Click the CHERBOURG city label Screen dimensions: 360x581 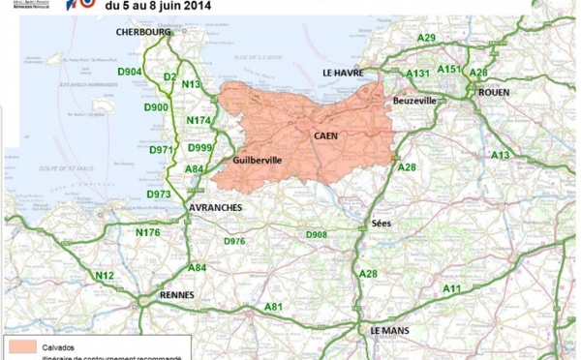click(x=142, y=32)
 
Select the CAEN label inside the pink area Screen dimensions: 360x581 click(x=325, y=136)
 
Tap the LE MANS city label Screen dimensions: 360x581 click(x=391, y=330)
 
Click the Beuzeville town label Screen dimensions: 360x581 click(x=416, y=101)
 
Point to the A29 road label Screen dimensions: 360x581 click(x=426, y=38)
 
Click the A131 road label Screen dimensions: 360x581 click(x=418, y=74)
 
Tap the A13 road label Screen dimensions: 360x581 click(x=500, y=155)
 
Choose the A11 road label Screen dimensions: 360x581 click(x=451, y=288)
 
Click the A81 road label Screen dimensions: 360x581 click(x=274, y=307)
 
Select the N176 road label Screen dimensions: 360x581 click(x=148, y=232)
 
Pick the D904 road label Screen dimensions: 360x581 click(x=131, y=72)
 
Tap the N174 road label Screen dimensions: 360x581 click(x=197, y=120)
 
